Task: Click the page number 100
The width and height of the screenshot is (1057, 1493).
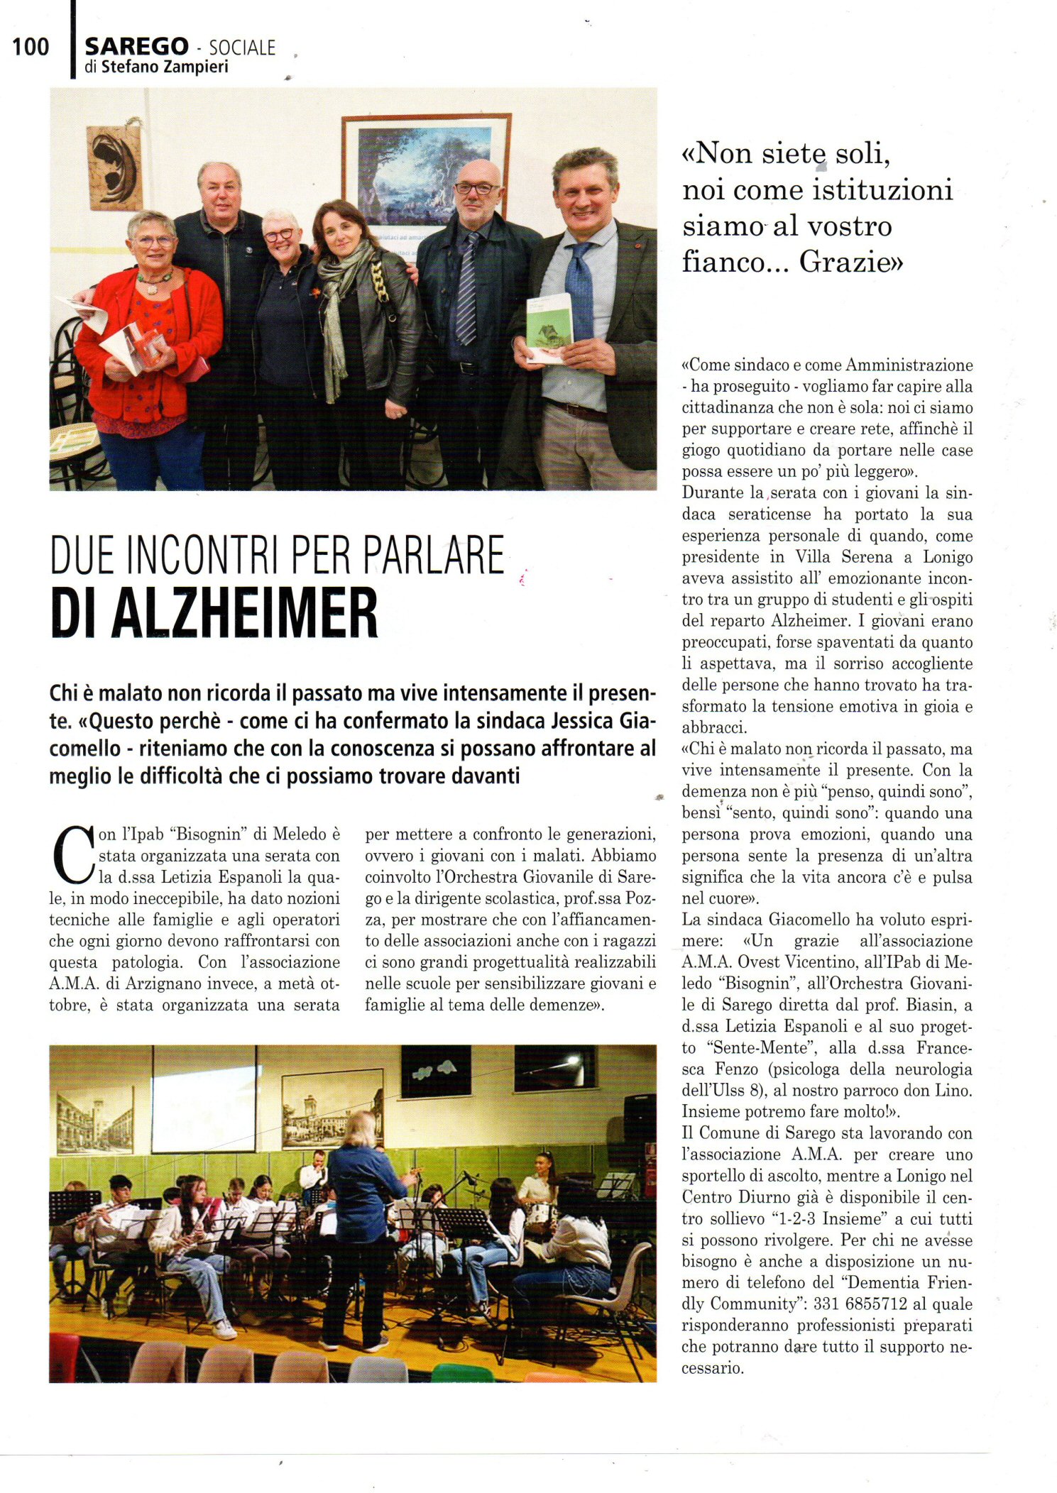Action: click(x=31, y=47)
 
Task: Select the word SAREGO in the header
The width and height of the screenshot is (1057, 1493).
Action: click(x=136, y=47)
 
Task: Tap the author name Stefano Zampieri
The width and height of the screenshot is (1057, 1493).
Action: click(x=168, y=67)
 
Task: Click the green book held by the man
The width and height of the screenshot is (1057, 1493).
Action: click(x=548, y=328)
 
